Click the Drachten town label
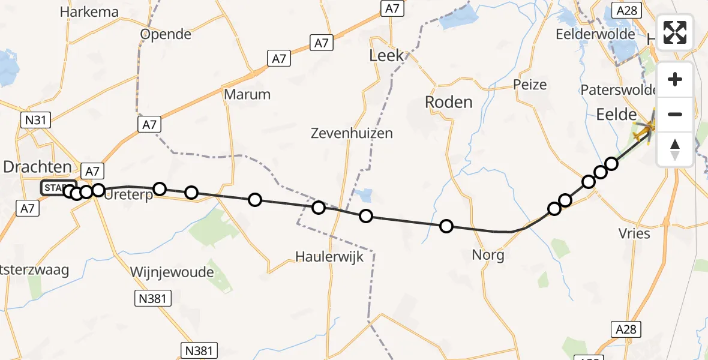point(37,167)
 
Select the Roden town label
point(448,102)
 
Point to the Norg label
point(488,255)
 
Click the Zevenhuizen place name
point(352,133)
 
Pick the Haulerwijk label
point(329,256)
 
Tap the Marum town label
point(247,94)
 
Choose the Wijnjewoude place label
point(172,272)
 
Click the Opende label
point(166,34)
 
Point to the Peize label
point(530,85)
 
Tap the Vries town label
point(634,233)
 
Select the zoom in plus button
point(675,80)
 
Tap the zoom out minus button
point(675,114)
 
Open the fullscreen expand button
point(675,33)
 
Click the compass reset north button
point(675,148)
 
